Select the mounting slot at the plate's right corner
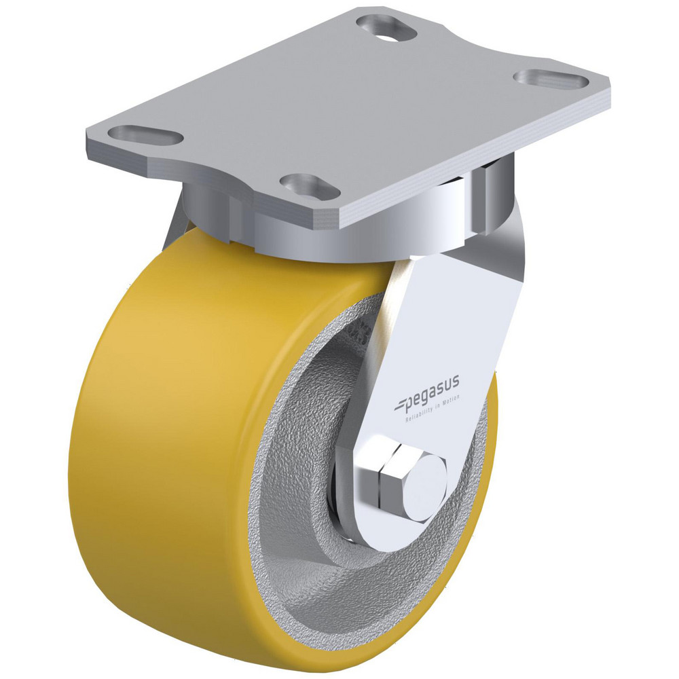point(551,79)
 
